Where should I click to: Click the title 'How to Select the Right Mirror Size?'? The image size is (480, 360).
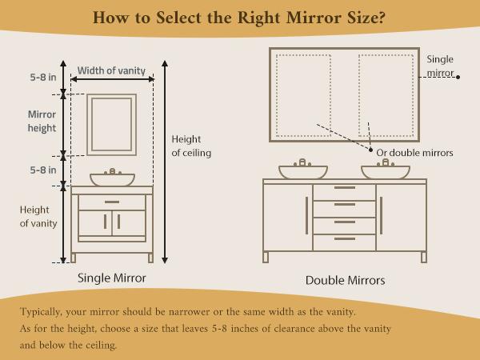(x=239, y=18)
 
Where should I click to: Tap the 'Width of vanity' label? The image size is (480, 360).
(x=112, y=70)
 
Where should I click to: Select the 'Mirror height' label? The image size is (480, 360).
(x=41, y=122)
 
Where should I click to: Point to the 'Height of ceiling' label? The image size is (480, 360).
(x=191, y=146)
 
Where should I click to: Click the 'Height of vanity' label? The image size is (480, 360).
(x=38, y=217)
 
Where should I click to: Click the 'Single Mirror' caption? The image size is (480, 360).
(x=111, y=278)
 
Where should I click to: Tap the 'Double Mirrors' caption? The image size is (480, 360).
(x=345, y=281)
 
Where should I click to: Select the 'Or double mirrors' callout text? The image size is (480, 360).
(x=414, y=153)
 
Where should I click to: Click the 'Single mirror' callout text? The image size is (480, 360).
(x=440, y=66)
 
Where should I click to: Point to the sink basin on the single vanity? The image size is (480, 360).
(x=112, y=179)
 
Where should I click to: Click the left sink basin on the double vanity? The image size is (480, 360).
(x=302, y=171)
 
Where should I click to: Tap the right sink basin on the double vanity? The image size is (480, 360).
(x=385, y=171)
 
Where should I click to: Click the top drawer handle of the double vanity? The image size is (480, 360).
(x=344, y=188)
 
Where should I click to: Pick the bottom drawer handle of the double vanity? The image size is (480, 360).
(x=344, y=238)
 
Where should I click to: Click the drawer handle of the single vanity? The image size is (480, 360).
(x=112, y=202)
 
